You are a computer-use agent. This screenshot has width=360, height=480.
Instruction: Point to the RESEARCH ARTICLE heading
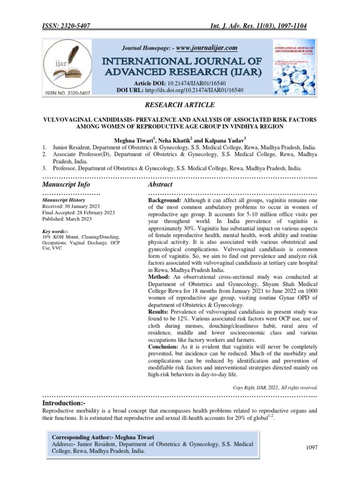tap(180, 105)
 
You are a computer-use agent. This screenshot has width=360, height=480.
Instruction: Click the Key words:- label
tap(55, 232)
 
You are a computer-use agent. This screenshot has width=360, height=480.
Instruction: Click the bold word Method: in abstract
tap(159, 277)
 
